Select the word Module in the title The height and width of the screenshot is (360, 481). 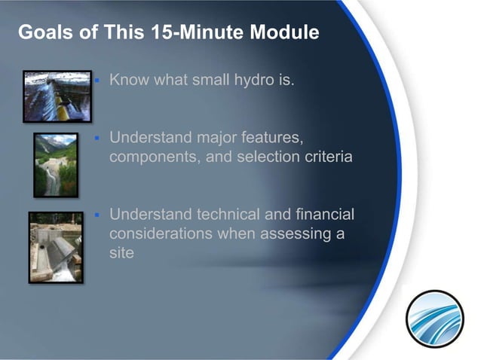tap(284, 34)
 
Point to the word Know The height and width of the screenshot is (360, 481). tap(128, 79)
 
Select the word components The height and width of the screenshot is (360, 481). tap(150, 159)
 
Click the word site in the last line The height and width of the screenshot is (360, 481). tap(121, 253)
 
